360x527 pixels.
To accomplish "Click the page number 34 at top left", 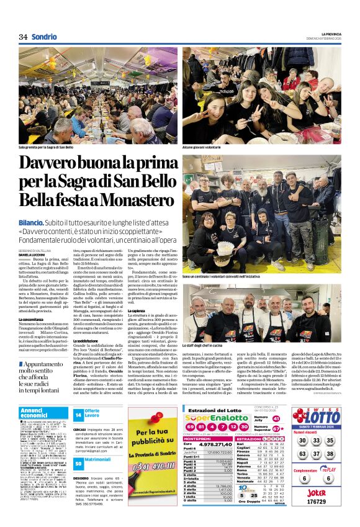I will pyautogui.click(x=23, y=37).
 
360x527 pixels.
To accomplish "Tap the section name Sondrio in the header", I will pyautogui.click(x=44, y=37).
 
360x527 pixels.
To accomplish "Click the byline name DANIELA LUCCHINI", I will pyautogui.click(x=32, y=254).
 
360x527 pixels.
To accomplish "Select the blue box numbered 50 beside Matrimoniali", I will pyautogui.click(x=78, y=463).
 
